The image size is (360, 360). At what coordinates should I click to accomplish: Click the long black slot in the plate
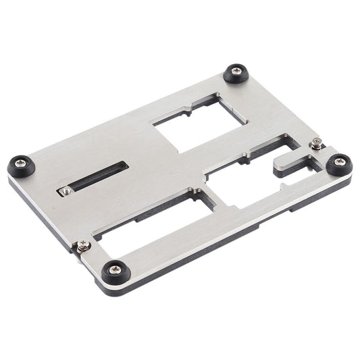point(95,176)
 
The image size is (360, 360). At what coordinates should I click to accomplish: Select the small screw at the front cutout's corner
point(83,245)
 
